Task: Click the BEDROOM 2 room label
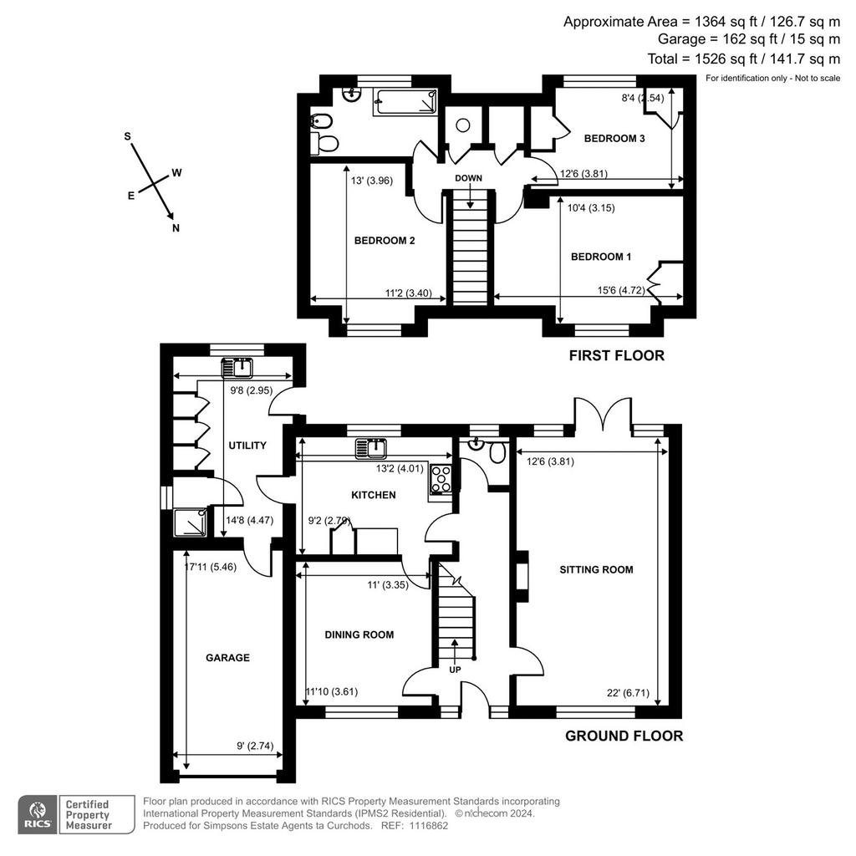pyautogui.click(x=385, y=241)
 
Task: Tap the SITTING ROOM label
pyautogui.click(x=596, y=570)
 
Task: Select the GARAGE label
pyautogui.click(x=227, y=658)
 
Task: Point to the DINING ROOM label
pyautogui.click(x=359, y=635)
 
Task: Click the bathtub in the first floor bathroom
pyautogui.click(x=405, y=102)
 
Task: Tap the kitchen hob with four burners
pyautogui.click(x=441, y=479)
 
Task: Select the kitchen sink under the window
pyautogui.click(x=371, y=448)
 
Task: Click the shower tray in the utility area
pyautogui.click(x=190, y=522)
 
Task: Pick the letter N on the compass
pyautogui.click(x=176, y=228)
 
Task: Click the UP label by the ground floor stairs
pyautogui.click(x=455, y=670)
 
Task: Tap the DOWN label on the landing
pyautogui.click(x=468, y=179)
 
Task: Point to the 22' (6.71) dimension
pyautogui.click(x=628, y=693)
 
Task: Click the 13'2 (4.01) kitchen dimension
pyautogui.click(x=400, y=468)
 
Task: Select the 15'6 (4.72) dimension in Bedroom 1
pyautogui.click(x=621, y=290)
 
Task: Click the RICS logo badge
pyautogui.click(x=37, y=814)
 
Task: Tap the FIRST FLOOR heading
pyautogui.click(x=617, y=356)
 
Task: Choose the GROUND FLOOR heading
pyautogui.click(x=624, y=736)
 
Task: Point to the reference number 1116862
pyautogui.click(x=429, y=826)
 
